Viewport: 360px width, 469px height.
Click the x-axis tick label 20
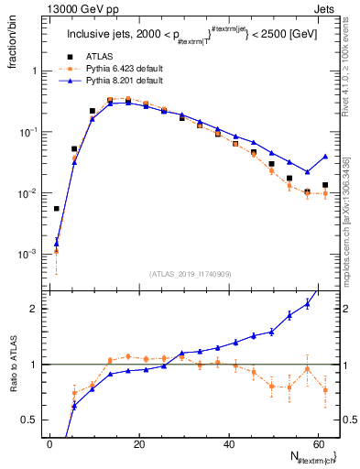138,444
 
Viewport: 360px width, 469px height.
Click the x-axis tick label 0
49,444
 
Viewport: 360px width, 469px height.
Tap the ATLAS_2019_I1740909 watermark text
190,273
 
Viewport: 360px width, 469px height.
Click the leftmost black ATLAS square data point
57,209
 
